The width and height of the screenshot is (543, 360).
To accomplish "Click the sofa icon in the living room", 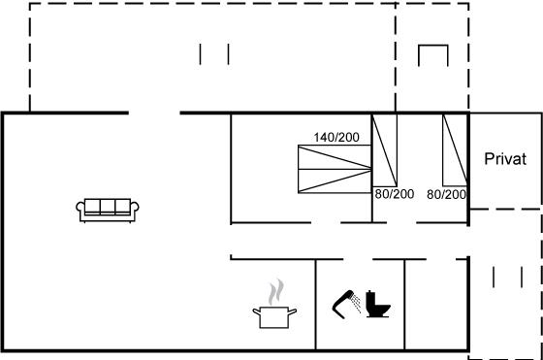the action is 108,210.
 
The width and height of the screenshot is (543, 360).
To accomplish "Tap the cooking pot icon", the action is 274,316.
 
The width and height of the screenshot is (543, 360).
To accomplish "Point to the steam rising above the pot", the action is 276,292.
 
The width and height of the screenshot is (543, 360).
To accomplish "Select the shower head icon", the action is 346,304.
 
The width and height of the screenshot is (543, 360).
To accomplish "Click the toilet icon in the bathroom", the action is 378,305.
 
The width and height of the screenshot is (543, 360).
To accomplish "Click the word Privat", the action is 505,159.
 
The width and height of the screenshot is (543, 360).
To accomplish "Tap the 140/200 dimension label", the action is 336,138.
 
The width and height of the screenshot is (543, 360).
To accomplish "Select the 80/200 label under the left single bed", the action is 395,194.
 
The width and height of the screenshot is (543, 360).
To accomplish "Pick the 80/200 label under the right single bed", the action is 446,194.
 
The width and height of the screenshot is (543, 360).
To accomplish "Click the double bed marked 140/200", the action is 335,169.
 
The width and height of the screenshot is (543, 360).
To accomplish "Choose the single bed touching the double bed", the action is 384,150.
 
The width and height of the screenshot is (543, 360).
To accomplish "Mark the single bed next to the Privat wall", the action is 455,150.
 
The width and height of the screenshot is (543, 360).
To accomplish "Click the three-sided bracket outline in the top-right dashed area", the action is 433,46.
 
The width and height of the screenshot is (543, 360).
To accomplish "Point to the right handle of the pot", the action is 292,311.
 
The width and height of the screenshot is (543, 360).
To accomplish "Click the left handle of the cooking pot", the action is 257,311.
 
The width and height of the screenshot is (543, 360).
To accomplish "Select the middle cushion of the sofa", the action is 108,206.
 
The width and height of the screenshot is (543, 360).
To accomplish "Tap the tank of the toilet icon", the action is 370,298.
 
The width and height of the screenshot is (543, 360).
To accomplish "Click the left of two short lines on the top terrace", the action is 200,54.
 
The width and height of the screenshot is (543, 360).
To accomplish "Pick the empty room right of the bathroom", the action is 436,305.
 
